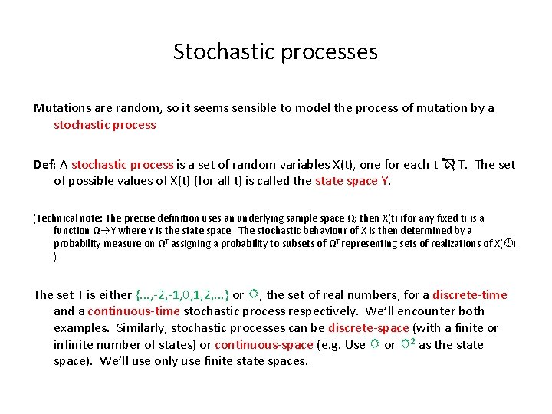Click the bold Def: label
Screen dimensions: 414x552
[44, 165]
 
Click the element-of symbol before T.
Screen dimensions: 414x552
[449, 165]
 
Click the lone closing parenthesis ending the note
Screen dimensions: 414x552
[55, 257]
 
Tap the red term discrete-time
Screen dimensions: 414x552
[469, 295]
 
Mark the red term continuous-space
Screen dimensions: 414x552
[264, 345]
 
